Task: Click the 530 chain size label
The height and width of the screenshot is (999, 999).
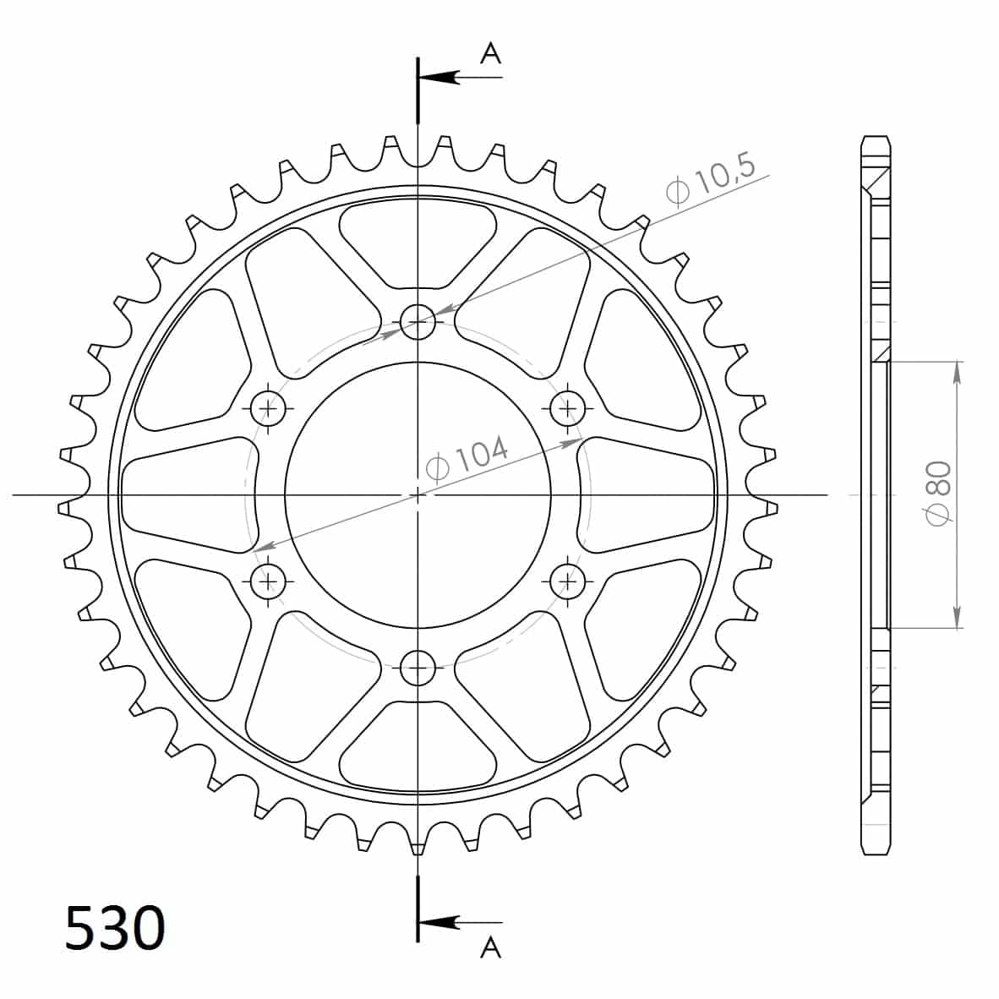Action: point(115,928)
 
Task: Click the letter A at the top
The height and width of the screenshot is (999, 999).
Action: point(490,53)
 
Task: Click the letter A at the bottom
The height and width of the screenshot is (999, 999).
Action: point(490,948)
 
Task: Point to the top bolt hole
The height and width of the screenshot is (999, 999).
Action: point(418,321)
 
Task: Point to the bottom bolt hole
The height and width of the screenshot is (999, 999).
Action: point(418,668)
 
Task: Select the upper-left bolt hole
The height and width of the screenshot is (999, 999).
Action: point(270,410)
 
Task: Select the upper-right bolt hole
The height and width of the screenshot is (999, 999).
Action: point(567,410)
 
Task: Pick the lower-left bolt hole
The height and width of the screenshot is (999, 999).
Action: point(270,581)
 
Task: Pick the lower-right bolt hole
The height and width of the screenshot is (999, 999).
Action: point(567,581)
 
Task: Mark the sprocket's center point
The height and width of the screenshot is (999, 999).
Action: point(418,494)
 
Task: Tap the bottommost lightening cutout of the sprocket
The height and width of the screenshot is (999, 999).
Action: point(418,748)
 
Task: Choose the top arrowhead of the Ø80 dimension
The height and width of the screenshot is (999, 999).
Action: point(957,372)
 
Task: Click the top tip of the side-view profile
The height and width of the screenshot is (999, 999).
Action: point(876,136)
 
